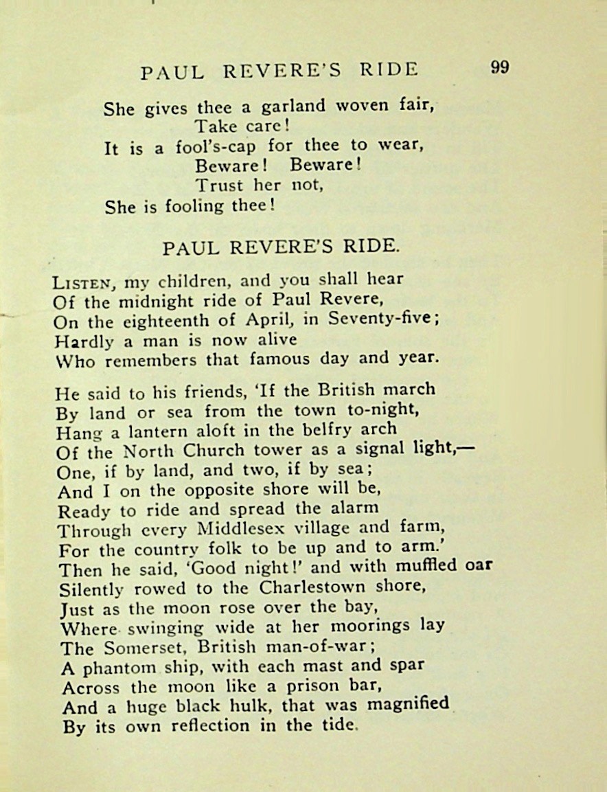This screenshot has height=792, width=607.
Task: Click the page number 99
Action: (499, 68)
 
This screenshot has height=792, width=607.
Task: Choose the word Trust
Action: (220, 185)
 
